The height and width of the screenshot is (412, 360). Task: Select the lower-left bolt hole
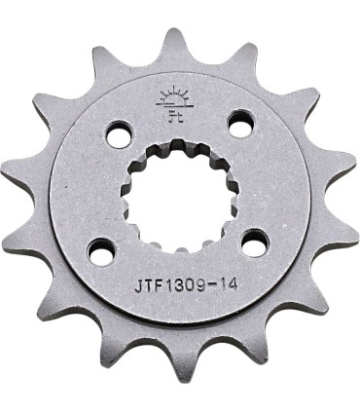click(x=100, y=250)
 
